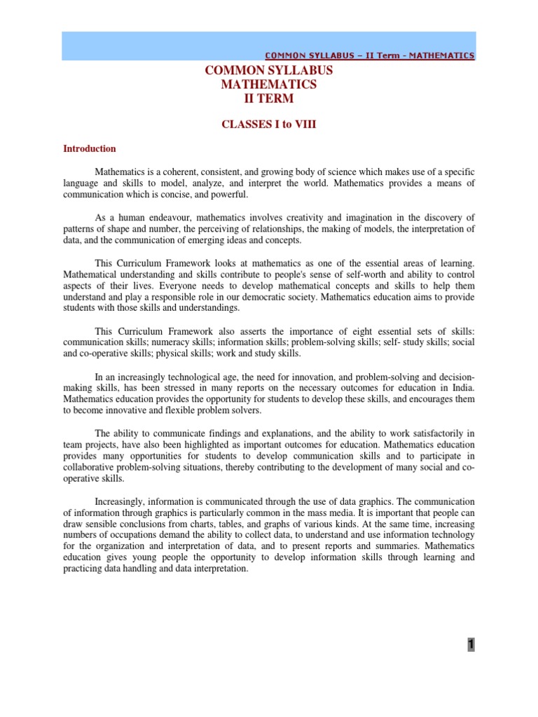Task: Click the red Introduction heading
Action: point(90,148)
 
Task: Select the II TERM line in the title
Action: point(268,99)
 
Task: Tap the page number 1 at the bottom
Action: point(471,645)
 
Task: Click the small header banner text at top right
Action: point(369,55)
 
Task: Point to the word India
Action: point(462,388)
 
